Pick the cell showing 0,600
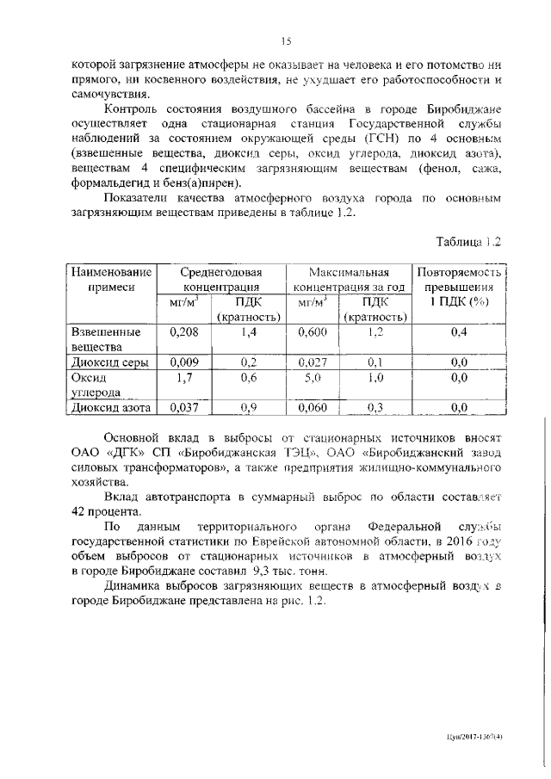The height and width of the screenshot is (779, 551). click(x=312, y=331)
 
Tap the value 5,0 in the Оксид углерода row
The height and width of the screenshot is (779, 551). click(x=312, y=377)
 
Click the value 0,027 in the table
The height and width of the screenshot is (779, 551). click(x=312, y=362)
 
